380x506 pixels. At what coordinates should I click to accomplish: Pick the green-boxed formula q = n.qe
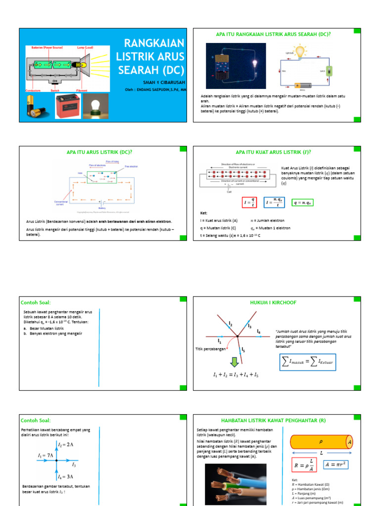303,203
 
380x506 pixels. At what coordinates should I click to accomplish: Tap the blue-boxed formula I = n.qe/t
275,203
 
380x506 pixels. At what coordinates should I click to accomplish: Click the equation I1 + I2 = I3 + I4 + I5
236,375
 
